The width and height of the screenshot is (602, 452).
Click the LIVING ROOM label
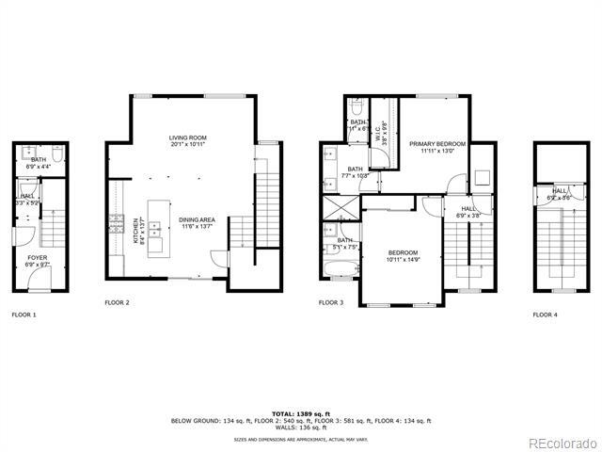pyautogui.click(x=188, y=140)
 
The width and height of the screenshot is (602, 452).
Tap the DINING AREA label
pyautogui.click(x=196, y=223)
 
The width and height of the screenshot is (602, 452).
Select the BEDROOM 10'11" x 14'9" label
pyautogui.click(x=404, y=256)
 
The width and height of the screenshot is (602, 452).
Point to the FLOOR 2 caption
pyautogui.click(x=118, y=302)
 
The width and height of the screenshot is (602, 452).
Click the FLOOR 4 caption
pyautogui.click(x=546, y=315)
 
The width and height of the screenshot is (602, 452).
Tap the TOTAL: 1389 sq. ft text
pyautogui.click(x=301, y=413)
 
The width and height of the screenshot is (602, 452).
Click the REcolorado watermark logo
pyautogui.click(x=561, y=443)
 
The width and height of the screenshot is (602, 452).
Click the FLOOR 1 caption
pyautogui.click(x=24, y=315)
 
